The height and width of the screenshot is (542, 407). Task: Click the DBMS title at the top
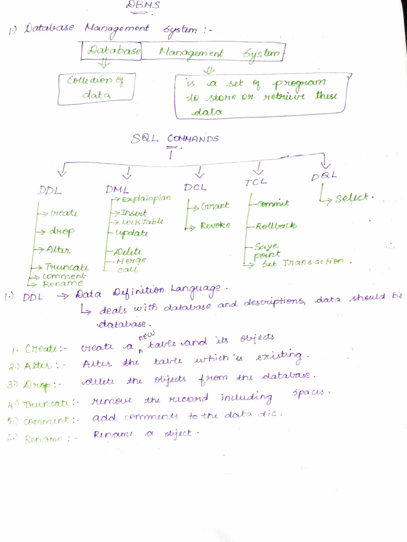click(136, 5)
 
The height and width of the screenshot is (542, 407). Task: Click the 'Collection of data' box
click(96, 88)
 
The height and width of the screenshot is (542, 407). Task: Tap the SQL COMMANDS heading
click(175, 139)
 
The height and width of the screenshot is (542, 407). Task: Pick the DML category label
click(118, 189)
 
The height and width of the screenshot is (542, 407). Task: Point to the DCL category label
click(195, 187)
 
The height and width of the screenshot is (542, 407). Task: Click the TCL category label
click(256, 182)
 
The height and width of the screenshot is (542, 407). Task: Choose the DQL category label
click(324, 176)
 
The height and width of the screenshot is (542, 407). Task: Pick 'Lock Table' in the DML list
click(142, 222)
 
